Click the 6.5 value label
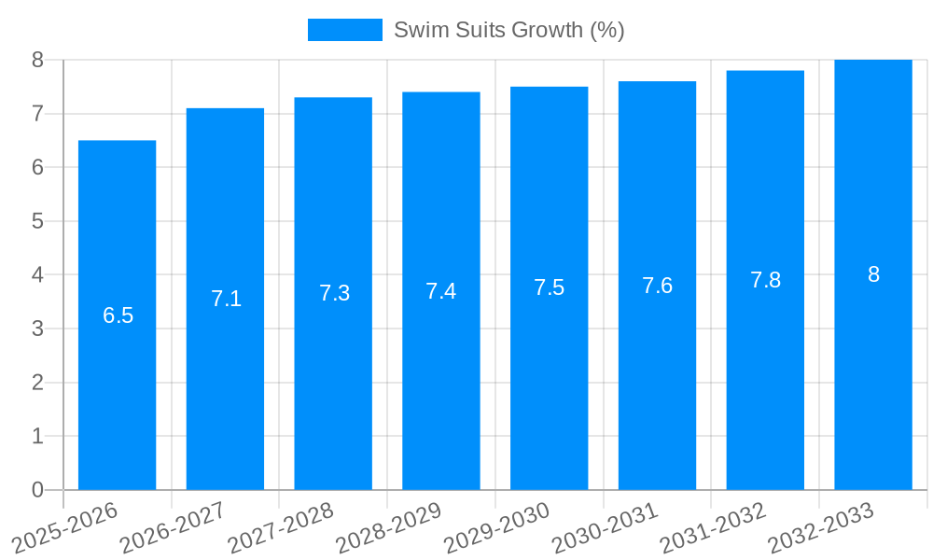118,315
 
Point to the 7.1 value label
226,299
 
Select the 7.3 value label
334,293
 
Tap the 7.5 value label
550,287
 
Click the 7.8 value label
765,280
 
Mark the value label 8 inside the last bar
873,274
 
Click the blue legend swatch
344,30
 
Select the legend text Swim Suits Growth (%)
508,30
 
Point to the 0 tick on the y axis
37,490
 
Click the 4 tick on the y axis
37,275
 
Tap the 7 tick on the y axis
37,114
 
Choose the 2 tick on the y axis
37,383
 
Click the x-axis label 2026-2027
173,526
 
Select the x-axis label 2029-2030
496,526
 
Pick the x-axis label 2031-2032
713,526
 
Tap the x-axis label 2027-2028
281,526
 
